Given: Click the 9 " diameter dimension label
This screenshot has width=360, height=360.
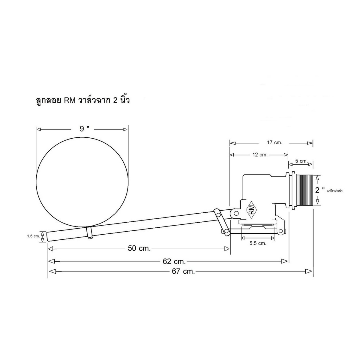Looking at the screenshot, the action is point(84,129).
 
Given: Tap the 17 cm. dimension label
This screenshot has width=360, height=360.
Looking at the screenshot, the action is point(274,142).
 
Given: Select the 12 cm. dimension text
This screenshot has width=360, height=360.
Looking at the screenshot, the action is point(260,155).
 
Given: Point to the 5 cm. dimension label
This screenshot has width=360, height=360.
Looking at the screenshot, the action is point(301,161).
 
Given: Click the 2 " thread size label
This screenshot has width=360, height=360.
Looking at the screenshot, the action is point(320,190).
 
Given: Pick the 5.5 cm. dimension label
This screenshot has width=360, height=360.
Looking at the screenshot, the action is point(258,243).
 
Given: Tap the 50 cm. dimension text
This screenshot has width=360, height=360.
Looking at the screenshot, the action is point(139,248).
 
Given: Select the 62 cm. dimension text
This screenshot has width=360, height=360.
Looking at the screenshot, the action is point(174,262).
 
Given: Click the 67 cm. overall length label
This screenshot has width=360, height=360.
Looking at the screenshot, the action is point(183,271).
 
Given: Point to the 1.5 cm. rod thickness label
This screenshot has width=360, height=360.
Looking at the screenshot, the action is point(33,236).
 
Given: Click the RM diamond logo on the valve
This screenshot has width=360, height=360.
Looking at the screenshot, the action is point(251,210).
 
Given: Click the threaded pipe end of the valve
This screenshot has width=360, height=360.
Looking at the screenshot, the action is point(304,190).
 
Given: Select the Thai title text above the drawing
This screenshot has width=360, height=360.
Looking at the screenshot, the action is point(82,100).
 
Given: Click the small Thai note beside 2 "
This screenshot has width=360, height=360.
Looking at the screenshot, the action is point(335,191).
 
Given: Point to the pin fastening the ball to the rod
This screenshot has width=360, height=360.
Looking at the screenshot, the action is point(90,233).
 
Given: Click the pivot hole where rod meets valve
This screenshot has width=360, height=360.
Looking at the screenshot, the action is point(236,213).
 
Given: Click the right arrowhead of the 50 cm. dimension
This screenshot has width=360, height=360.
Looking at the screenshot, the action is point(226,249).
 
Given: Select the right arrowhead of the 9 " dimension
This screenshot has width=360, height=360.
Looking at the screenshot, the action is point(125,130).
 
